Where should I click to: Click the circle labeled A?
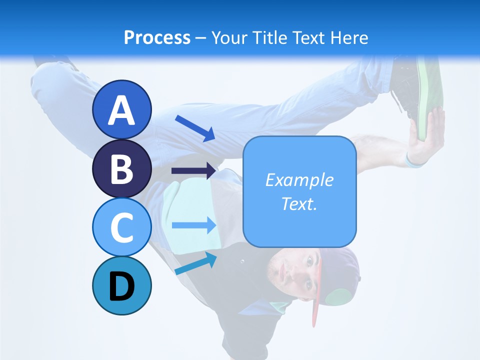pos(121,109)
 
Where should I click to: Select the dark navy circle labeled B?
pos(121,168)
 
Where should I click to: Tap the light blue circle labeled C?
pos(121,227)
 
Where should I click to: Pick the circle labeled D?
pos(121,285)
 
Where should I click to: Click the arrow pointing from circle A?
pos(195,127)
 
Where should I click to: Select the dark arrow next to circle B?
pos(194,171)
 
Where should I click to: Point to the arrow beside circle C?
pos(194,225)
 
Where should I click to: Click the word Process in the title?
pos(157,37)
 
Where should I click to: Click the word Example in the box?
pos(299,180)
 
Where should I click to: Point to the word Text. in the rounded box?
pos(299,203)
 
